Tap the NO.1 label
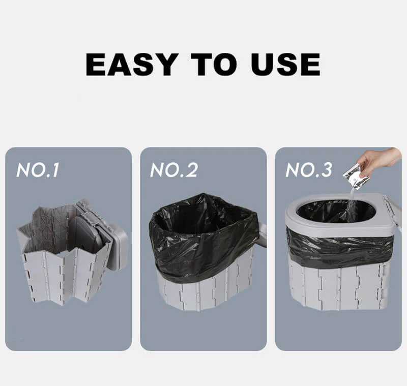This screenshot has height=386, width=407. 38,170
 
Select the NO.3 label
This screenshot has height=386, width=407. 309,170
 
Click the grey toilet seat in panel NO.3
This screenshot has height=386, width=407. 305,224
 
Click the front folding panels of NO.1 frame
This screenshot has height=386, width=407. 61,275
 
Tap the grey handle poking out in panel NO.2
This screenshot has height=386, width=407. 263,234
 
